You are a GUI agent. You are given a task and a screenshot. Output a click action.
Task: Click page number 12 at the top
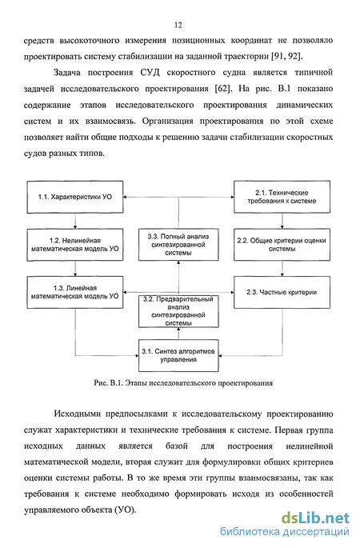click(178, 25)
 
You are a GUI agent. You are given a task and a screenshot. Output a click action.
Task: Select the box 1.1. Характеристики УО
click(75, 197)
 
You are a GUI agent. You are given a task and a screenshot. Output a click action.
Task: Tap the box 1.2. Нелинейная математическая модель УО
click(75, 245)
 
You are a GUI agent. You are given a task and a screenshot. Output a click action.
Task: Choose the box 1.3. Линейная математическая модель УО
click(75, 292)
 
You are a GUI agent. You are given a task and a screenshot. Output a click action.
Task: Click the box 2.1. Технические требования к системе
click(282, 197)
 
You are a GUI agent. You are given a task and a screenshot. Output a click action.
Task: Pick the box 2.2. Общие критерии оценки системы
click(282, 245)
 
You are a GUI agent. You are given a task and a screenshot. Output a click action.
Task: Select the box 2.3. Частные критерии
click(282, 292)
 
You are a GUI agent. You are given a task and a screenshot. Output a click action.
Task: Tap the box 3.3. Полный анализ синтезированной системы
click(178, 245)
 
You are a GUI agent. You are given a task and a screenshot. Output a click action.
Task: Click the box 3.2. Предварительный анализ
click(178, 311)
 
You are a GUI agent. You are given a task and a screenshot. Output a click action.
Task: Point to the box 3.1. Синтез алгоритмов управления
click(178, 355)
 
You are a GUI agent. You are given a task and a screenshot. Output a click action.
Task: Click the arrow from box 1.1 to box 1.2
click(75, 221)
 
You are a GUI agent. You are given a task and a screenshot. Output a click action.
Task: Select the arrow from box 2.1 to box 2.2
click(282, 221)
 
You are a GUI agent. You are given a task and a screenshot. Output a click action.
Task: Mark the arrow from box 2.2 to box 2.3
click(282, 269)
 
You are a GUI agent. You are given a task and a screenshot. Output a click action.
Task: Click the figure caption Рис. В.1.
click(183, 383)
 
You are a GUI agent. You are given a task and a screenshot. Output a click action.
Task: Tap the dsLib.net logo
click(315, 518)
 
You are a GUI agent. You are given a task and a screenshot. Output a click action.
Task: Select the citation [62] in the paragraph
click(223, 89)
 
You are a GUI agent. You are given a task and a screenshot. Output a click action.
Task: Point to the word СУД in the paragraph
click(150, 72)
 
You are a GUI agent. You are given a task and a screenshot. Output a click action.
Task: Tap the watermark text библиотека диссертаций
click(285, 532)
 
